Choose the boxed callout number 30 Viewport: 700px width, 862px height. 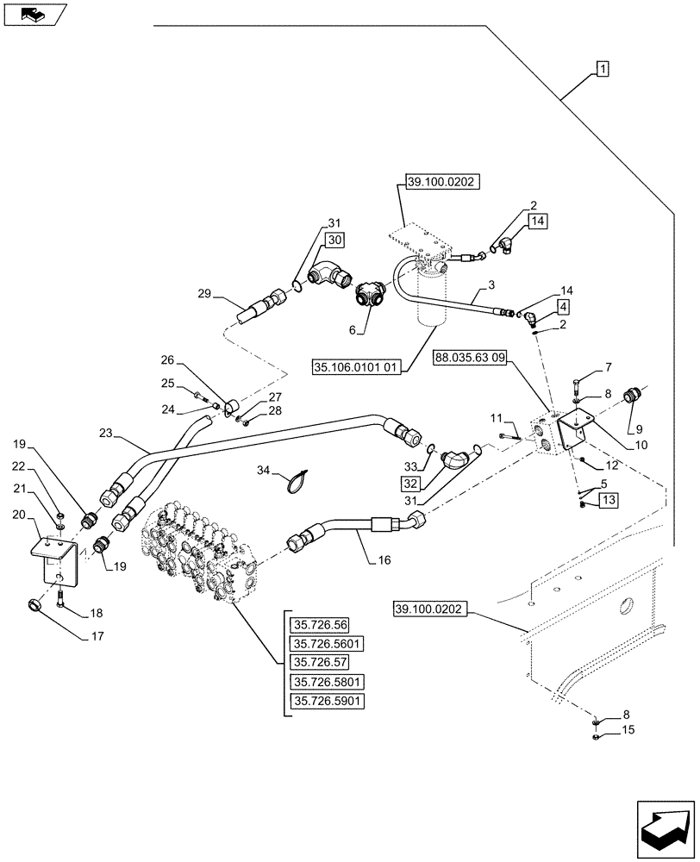[x=335, y=240]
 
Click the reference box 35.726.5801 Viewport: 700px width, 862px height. [x=328, y=682]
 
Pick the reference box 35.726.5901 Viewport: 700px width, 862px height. [x=328, y=701]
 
